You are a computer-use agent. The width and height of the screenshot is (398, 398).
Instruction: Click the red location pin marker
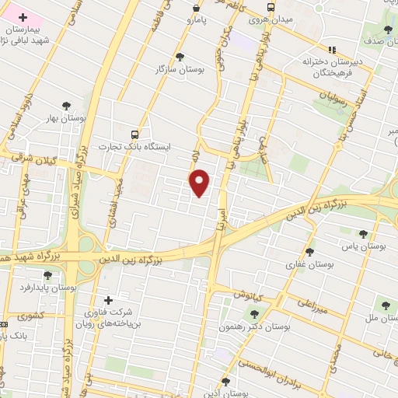[201, 182]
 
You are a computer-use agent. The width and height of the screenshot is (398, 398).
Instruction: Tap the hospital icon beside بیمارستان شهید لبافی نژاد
[20, 16]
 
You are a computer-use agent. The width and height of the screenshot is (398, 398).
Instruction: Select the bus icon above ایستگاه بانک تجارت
[136, 134]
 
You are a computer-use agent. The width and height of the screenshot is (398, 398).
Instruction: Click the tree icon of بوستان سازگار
[180, 56]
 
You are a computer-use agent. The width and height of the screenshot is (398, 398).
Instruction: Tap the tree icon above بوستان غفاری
[310, 251]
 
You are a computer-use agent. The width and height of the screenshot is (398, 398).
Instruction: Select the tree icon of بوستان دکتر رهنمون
[253, 313]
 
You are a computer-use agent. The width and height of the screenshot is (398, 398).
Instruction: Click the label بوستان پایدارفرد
[48, 287]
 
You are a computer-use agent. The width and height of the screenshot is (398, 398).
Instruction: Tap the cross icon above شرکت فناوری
[108, 300]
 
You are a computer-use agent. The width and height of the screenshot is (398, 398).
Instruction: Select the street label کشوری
[35, 316]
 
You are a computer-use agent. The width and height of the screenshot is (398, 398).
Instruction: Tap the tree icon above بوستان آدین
[225, 381]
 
